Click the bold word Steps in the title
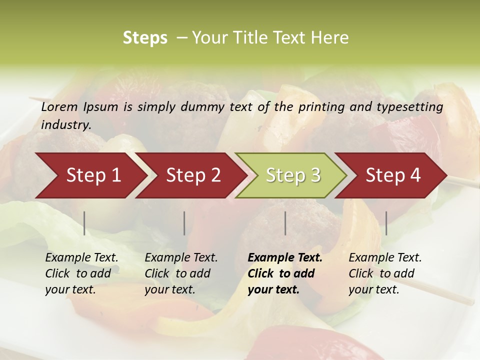point(145,38)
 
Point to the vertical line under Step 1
point(84,223)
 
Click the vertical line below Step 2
point(184,223)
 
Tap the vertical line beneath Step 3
point(285,223)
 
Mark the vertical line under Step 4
point(386,223)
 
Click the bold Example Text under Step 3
point(285,258)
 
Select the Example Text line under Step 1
point(81,258)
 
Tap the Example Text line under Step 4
point(385,258)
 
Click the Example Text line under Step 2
point(181,258)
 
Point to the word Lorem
point(59,107)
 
